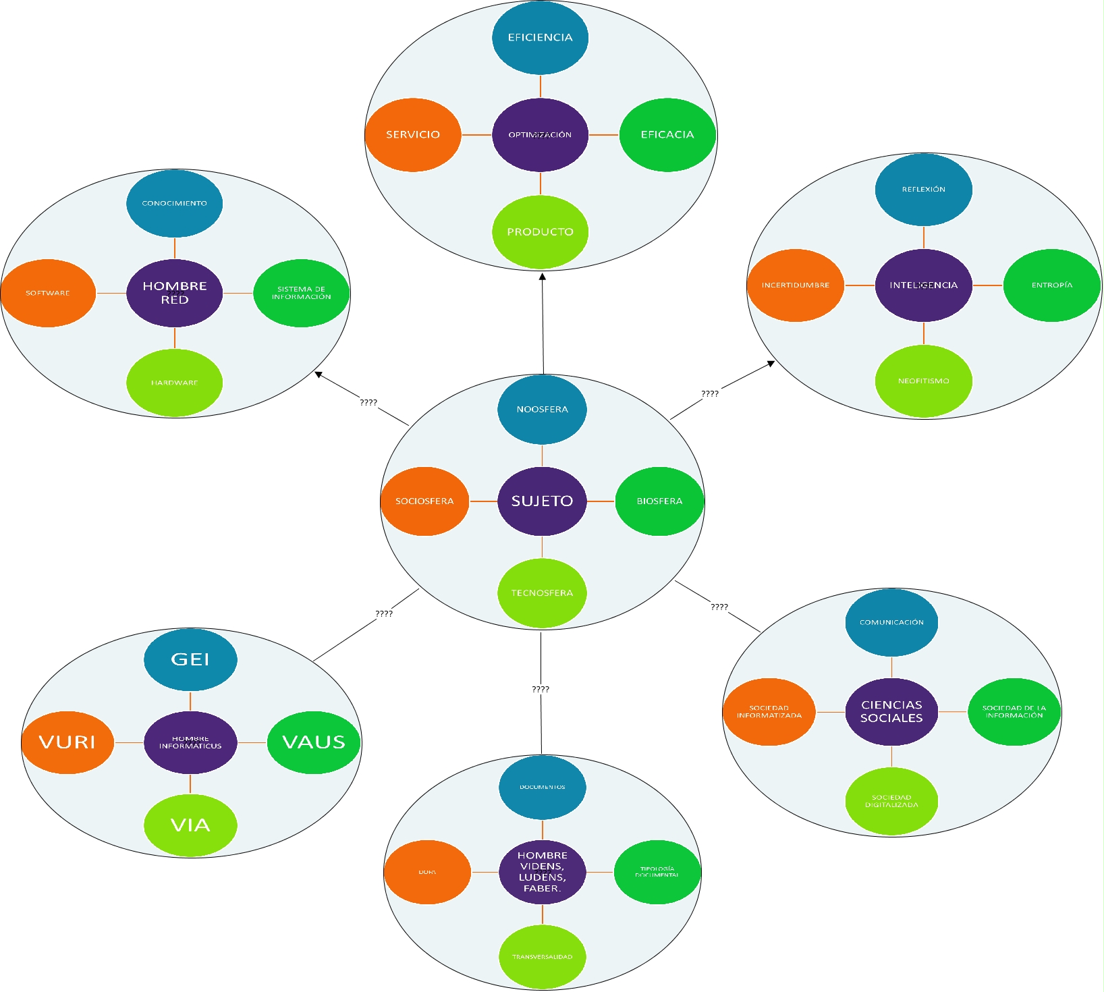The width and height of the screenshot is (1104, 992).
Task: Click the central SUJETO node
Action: coord(542,501)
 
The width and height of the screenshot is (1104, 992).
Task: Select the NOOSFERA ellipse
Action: coord(542,410)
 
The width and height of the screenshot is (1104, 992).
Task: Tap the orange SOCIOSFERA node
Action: coord(424,501)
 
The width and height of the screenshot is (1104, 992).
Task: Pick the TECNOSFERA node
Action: coord(542,593)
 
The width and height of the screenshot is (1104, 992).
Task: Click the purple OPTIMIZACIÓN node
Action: coord(540,135)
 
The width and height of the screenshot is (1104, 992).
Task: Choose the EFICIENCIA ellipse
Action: coord(540,38)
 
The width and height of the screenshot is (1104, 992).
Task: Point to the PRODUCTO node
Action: coord(540,232)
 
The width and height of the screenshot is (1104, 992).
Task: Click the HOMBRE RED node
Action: coord(174,293)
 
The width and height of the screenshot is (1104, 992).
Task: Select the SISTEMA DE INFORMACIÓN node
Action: coord(301,293)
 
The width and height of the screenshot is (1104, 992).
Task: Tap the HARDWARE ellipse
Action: coord(174,383)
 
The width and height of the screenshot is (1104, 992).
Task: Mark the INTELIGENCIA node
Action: coord(923,285)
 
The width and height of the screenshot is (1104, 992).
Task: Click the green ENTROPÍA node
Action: coord(1051,285)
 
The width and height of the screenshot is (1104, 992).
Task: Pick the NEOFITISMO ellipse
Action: coord(923,381)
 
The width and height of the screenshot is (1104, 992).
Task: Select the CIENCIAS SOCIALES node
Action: coord(891,712)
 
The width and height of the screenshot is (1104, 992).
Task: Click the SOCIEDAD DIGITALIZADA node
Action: coord(891,801)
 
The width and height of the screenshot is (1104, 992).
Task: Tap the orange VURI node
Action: coord(67,742)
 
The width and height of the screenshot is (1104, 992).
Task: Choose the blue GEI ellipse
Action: coord(190,659)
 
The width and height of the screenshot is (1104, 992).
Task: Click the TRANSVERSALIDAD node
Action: coord(542,956)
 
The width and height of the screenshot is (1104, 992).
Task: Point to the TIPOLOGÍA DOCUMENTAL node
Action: coord(657,872)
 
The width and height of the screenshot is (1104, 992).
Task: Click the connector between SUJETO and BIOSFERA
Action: coord(601,501)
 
